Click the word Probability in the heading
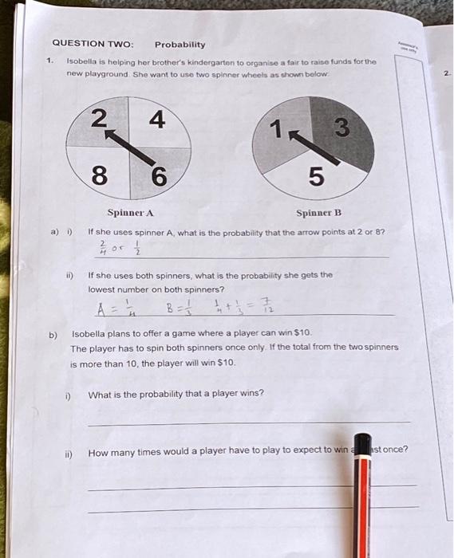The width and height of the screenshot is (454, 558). click(180, 45)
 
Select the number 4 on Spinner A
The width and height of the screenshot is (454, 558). click(157, 120)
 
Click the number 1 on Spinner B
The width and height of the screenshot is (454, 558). click(276, 127)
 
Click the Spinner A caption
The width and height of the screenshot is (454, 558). click(131, 213)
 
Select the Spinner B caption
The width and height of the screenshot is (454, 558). click(318, 213)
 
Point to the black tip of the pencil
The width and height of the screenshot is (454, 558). click(363, 446)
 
